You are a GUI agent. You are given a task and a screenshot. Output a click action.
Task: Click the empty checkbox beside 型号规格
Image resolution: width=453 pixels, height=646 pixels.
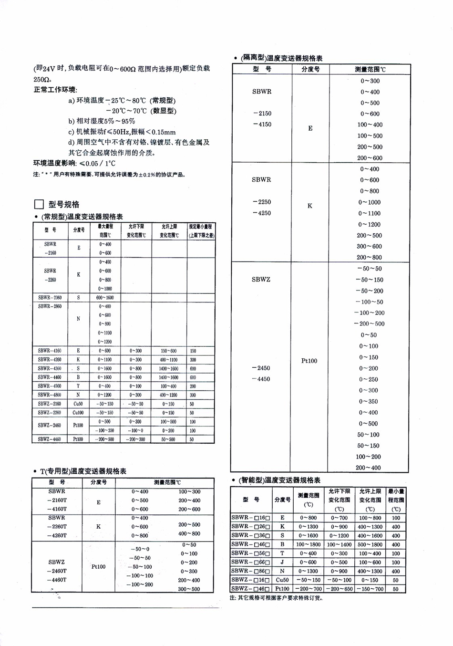39,205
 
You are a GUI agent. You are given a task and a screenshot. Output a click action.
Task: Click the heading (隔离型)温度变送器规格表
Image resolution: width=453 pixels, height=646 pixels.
281,58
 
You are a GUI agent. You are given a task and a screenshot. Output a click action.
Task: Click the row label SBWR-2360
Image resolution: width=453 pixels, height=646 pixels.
50,297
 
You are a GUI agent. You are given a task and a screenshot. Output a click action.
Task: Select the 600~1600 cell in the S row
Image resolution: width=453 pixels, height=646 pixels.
105,297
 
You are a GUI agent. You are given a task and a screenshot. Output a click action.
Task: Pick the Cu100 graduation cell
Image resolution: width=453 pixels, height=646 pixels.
78,413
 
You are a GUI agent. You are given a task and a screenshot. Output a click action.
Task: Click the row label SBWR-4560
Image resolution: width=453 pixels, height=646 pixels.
50,386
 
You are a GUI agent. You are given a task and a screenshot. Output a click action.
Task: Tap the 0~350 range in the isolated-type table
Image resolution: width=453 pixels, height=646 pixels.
369,402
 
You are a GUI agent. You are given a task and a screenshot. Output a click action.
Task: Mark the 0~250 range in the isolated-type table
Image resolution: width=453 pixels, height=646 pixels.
369,380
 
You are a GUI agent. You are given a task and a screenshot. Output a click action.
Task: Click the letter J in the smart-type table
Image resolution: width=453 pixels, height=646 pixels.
282,562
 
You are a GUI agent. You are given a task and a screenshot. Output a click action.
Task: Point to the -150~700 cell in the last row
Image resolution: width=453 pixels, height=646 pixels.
370,589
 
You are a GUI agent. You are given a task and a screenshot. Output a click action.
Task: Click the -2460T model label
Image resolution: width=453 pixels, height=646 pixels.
57,571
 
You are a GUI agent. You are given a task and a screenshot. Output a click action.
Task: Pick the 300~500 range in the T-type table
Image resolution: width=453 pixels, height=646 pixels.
189,589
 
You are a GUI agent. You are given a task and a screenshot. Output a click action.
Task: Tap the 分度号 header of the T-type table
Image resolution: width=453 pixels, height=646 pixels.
98,482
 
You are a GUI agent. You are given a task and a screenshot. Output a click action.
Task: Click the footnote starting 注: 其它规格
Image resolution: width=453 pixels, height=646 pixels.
276,598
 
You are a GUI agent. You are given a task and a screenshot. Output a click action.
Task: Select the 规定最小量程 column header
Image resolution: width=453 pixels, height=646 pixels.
201,231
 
